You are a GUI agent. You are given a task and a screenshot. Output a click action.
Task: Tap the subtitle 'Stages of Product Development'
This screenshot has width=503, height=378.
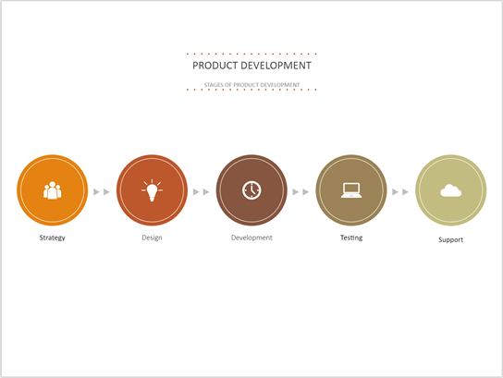click(251, 84)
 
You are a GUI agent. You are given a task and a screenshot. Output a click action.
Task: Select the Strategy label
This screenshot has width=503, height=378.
click(52, 238)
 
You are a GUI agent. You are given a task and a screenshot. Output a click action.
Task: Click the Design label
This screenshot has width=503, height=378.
click(152, 238)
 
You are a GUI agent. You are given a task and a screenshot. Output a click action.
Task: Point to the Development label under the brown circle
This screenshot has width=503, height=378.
click(251, 238)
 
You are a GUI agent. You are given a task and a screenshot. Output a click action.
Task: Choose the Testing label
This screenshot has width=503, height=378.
click(351, 238)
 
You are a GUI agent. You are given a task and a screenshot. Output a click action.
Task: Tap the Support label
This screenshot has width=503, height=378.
click(450, 239)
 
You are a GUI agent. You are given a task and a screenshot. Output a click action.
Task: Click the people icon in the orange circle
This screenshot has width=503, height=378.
click(52, 190)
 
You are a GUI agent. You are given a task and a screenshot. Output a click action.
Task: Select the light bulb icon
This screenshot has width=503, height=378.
click(152, 190)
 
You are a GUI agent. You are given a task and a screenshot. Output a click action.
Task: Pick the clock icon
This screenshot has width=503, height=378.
click(251, 190)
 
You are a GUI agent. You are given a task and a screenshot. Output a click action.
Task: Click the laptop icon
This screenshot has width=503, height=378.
click(351, 190)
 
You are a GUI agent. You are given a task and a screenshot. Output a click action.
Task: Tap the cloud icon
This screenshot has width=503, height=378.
click(450, 190)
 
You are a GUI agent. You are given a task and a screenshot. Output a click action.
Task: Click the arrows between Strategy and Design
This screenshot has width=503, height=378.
click(102, 192)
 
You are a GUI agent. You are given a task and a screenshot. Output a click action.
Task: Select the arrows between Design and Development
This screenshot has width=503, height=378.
click(202, 192)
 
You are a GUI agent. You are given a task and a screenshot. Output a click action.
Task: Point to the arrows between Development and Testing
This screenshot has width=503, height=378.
click(301, 192)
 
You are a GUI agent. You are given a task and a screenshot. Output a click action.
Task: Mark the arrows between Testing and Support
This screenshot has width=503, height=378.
click(400, 192)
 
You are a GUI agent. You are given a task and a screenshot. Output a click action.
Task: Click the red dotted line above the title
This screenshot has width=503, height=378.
click(251, 55)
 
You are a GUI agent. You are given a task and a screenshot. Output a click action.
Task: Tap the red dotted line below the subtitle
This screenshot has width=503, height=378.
click(251, 91)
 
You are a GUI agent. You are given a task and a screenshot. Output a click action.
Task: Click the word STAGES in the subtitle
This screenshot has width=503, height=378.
click(214, 84)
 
